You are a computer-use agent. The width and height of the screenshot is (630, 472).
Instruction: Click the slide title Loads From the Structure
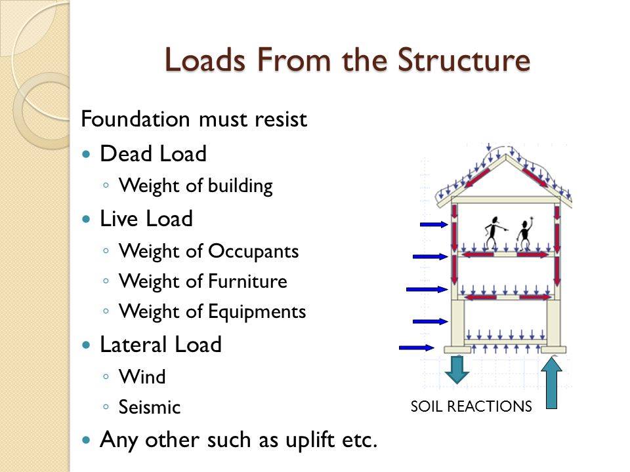(348, 60)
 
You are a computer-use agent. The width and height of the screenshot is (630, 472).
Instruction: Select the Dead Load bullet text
(153, 155)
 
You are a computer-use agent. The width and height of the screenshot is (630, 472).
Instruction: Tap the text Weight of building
(196, 186)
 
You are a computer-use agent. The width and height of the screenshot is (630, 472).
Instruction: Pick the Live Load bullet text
(146, 220)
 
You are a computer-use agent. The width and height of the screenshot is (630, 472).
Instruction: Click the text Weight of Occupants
(209, 251)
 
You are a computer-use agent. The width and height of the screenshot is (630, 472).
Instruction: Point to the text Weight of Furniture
(203, 282)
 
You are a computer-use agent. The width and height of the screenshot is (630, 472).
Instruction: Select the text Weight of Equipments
(213, 312)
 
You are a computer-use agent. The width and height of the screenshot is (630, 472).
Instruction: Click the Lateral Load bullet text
(161, 345)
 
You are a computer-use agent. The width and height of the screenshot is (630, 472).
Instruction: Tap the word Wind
(142, 377)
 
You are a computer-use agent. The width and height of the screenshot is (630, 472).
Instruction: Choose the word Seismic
(150, 407)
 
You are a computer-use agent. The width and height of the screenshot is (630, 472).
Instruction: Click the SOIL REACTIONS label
(471, 406)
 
